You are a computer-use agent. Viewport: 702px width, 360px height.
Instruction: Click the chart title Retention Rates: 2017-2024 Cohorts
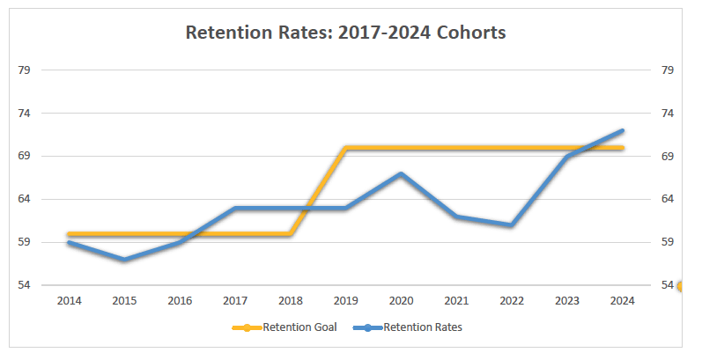pyautogui.click(x=345, y=33)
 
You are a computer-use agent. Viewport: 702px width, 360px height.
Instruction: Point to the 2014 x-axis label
pyautogui.click(x=69, y=301)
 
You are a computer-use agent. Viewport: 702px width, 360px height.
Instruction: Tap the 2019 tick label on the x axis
pyautogui.click(x=345, y=301)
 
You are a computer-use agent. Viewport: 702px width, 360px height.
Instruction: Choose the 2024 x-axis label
pyautogui.click(x=622, y=301)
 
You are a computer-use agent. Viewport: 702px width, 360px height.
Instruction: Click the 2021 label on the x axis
pyautogui.click(x=456, y=301)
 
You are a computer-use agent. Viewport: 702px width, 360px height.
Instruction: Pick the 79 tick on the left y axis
pyautogui.click(x=25, y=70)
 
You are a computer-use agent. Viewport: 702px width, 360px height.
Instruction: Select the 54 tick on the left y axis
pyautogui.click(x=25, y=285)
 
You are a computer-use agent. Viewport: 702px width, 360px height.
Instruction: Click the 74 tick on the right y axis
pyautogui.click(x=668, y=114)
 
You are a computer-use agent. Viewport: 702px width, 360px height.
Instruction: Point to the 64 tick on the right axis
pyautogui.click(x=668, y=199)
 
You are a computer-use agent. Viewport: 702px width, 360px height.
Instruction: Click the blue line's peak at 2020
pyautogui.click(x=401, y=173)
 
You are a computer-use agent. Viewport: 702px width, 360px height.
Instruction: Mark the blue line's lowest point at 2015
pyautogui.click(x=124, y=260)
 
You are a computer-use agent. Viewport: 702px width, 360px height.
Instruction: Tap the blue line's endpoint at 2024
pyautogui.click(x=622, y=130)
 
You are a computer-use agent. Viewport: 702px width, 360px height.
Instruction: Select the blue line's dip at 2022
pyautogui.click(x=511, y=225)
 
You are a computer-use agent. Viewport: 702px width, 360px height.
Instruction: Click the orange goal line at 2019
pyautogui.click(x=345, y=148)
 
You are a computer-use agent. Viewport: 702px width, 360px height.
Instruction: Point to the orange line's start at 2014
pyautogui.click(x=69, y=234)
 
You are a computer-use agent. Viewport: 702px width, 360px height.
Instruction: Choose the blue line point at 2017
pyautogui.click(x=235, y=208)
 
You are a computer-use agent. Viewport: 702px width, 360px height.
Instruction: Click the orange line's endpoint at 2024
pyautogui.click(x=622, y=148)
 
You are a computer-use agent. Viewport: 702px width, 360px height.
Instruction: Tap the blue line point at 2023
pyautogui.click(x=566, y=157)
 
